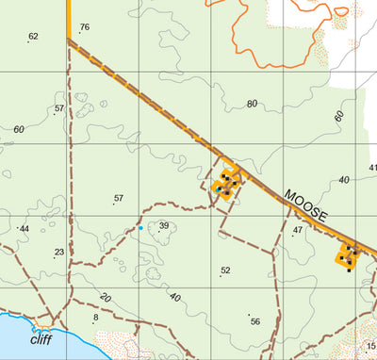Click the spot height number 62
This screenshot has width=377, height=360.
(34, 37)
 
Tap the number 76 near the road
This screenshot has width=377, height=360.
(84, 27)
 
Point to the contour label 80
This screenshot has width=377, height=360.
(252, 104)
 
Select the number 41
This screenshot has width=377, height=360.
(371, 168)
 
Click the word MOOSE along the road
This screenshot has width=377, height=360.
(306, 205)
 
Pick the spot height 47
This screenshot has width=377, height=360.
(298, 230)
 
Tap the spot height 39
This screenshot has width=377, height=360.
(163, 226)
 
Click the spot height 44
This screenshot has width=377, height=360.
(25, 229)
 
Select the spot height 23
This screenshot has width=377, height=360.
(58, 253)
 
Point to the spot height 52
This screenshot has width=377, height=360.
(225, 270)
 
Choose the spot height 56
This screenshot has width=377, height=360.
(254, 321)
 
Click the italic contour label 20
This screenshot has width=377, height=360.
(105, 298)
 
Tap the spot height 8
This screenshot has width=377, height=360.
(95, 318)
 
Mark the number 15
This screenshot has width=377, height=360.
(370, 345)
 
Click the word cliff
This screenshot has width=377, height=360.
(41, 340)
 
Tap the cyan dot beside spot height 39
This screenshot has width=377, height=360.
(141, 228)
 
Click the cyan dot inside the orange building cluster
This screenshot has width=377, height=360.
(219, 188)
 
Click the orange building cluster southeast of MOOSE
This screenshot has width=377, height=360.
(349, 256)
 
